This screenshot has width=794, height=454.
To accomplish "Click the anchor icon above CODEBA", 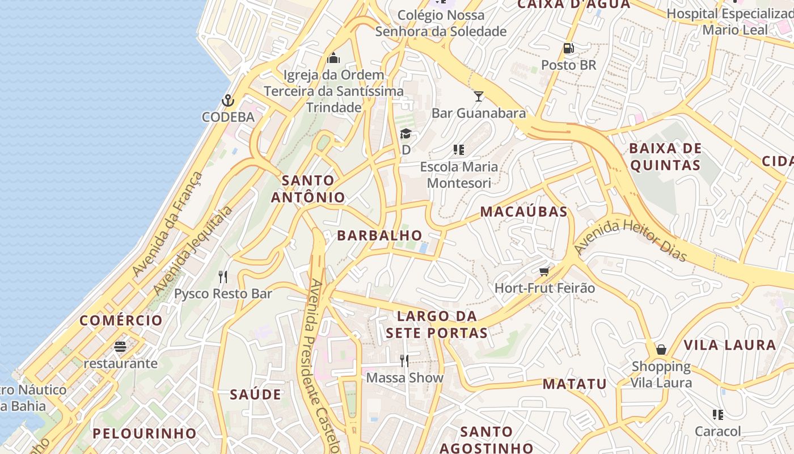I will point(227,101).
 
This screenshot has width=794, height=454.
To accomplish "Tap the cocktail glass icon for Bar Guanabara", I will point(479,96).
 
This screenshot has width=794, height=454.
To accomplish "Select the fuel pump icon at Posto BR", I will point(568,49).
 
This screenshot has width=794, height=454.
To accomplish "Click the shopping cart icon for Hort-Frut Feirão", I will point(544,272).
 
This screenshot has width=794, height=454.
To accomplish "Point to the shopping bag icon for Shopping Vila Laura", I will point(661,350).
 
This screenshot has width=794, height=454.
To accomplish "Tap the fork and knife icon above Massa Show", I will point(404,360).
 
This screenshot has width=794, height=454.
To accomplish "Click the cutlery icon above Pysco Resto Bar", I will point(223,277).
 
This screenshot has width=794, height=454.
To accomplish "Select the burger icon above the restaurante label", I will point(120,346).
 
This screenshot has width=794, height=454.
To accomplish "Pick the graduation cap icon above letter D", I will point(406,134).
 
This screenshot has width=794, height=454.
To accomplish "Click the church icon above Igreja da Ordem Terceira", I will point(333,58).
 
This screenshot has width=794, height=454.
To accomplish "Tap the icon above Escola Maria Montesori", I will point(459,150).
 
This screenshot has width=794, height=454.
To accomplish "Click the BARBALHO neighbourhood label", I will point(379,236).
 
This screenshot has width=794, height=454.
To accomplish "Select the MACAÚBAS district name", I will point(523,212).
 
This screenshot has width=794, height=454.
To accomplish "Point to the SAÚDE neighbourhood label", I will point(255,394).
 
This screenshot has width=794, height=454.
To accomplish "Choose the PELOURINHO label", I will point(145,434).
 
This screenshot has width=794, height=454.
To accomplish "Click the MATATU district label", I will point(575,384).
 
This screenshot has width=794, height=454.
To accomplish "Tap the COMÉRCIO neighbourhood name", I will point(121,321).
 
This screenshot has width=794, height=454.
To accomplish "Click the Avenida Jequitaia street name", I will point(193,250).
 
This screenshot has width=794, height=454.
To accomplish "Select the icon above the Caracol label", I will point(718,415).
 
